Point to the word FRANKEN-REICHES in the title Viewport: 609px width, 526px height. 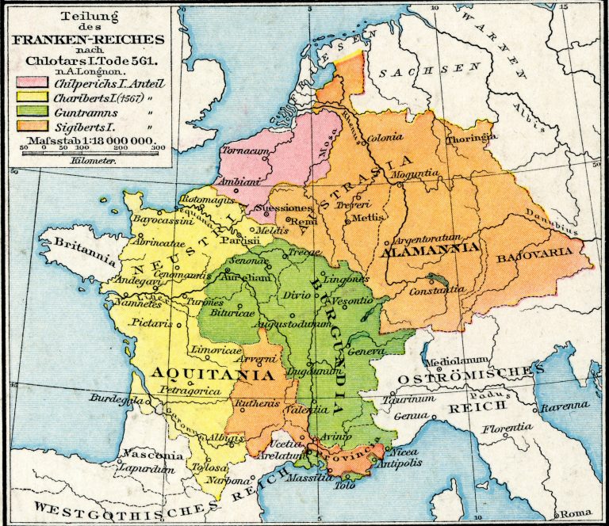(87, 39)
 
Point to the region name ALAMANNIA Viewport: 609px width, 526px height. (430, 249)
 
